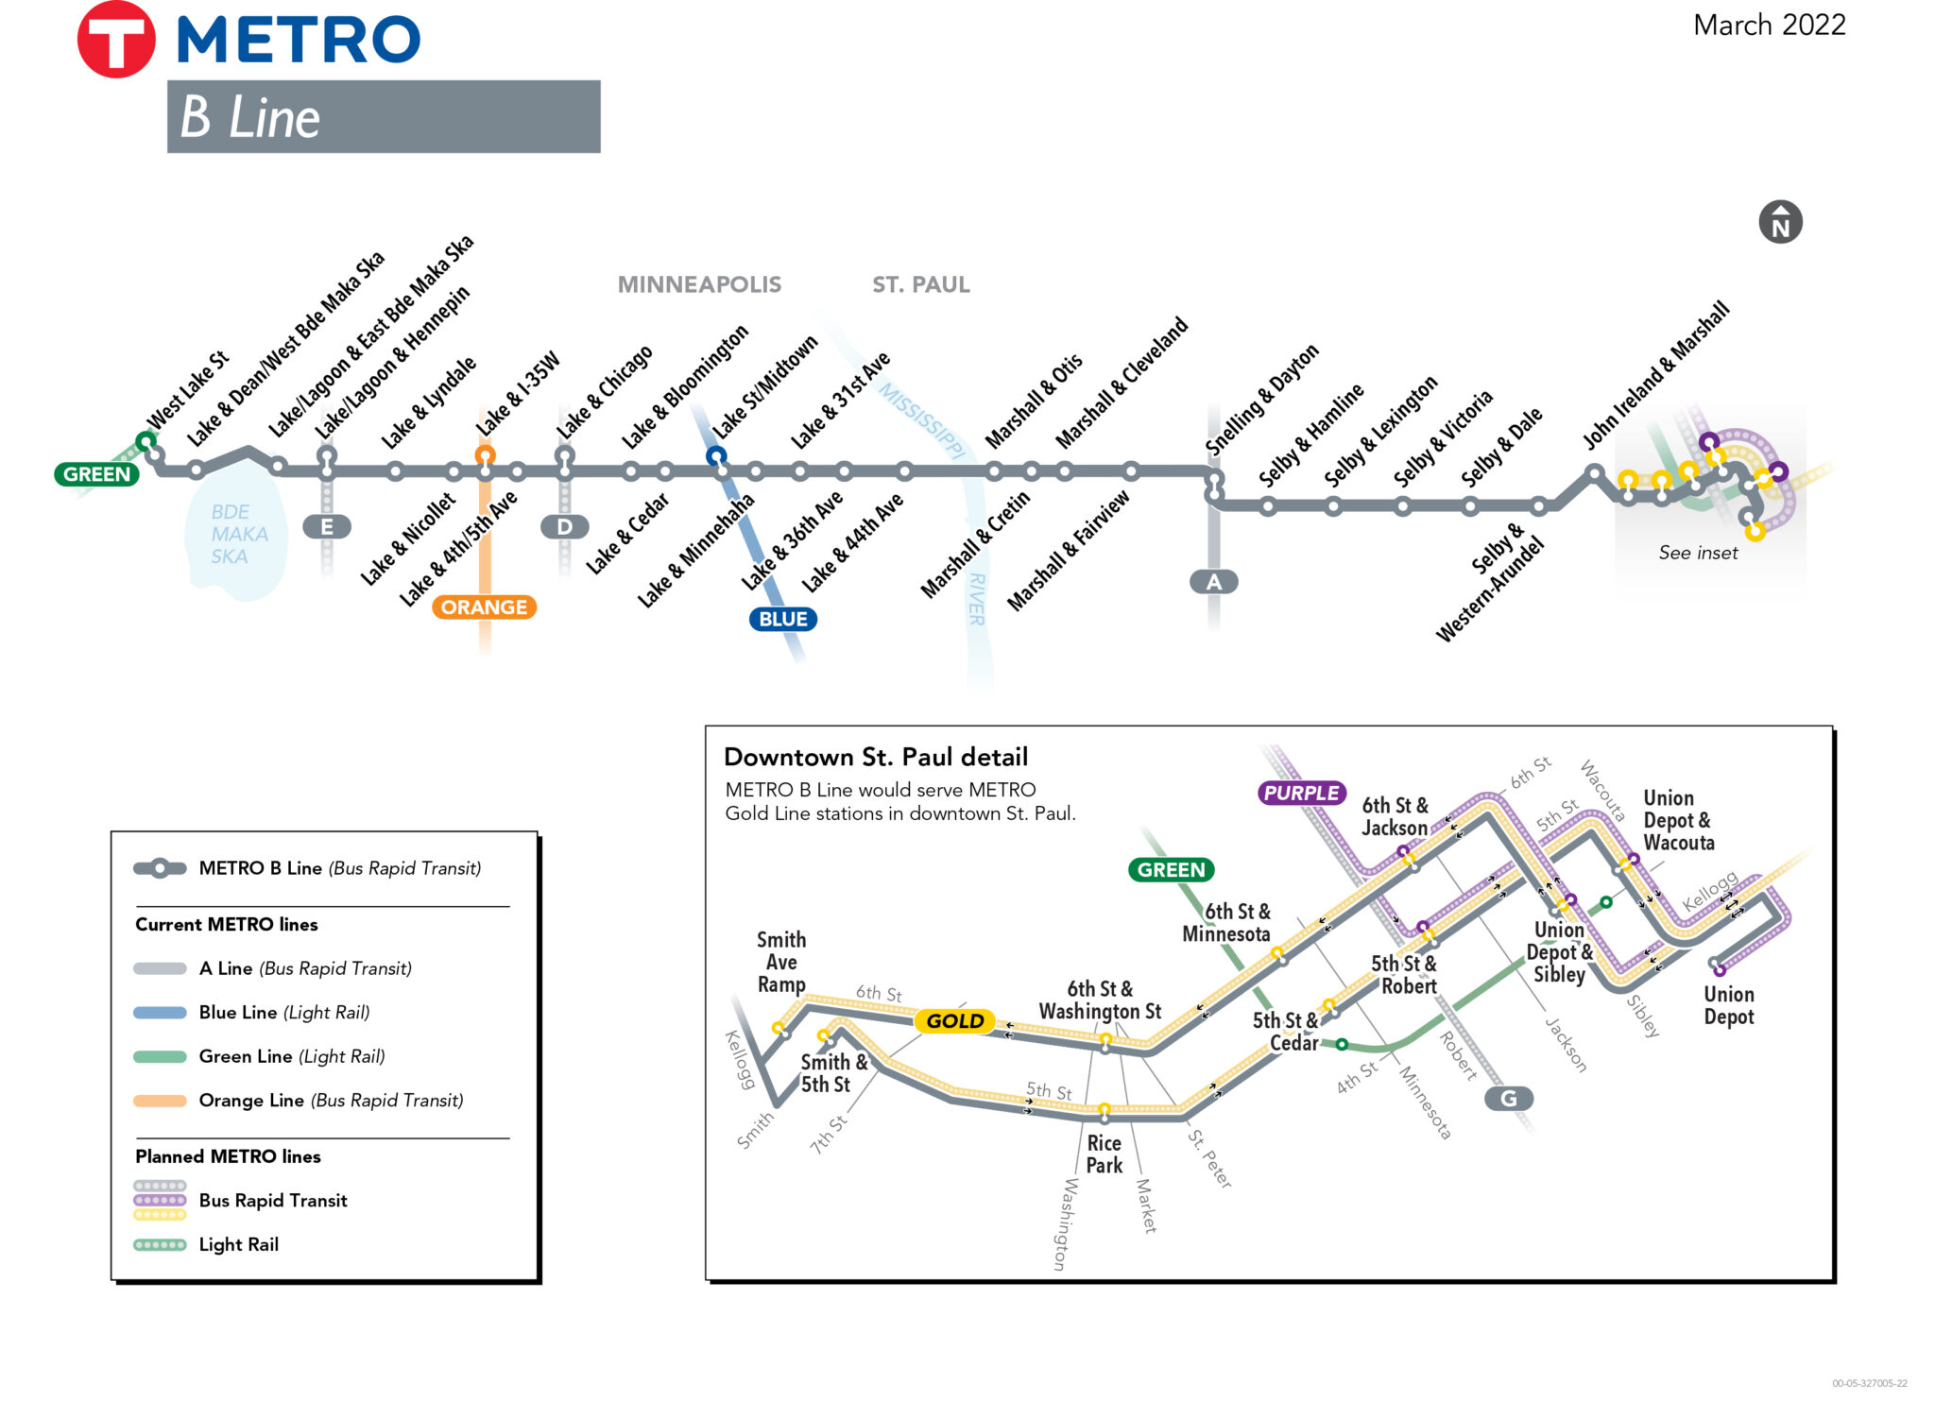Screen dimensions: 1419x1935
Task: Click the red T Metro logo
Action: tap(115, 40)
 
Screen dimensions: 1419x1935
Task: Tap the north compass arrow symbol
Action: tap(1780, 223)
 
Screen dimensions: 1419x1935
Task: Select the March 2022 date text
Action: tap(1769, 26)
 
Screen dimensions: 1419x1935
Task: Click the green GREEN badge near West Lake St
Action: tap(96, 474)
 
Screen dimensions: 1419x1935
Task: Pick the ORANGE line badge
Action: tap(484, 607)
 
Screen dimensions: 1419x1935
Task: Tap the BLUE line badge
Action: tap(782, 620)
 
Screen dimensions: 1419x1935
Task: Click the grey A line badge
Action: tap(1213, 582)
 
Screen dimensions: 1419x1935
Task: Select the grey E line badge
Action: tap(327, 527)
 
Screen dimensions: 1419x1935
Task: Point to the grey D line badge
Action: tap(564, 527)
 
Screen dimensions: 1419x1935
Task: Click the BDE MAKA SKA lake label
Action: tap(238, 535)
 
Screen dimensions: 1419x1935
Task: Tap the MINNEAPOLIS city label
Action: tap(699, 284)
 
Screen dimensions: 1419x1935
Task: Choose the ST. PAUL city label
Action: tap(920, 284)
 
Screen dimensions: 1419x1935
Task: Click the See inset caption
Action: tap(1698, 554)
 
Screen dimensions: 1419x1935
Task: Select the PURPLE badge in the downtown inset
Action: tap(1302, 794)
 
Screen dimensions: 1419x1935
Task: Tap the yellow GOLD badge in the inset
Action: tap(954, 1021)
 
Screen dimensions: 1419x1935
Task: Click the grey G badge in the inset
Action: tap(1508, 1099)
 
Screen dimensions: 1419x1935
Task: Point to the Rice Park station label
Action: tap(1104, 1154)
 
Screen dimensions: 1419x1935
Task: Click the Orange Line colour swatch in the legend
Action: tap(160, 1101)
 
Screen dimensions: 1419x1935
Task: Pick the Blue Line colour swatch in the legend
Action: tap(160, 1013)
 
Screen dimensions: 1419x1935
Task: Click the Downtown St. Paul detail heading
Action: tap(875, 757)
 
